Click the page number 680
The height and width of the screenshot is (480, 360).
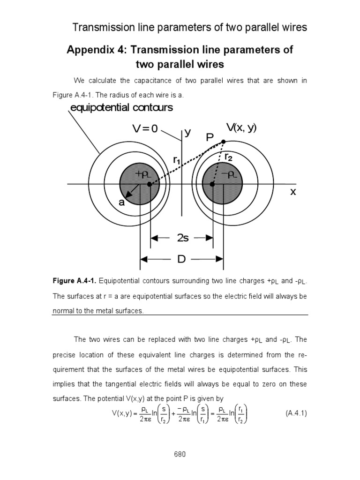[180, 454]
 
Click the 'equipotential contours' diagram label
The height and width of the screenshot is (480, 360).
[121, 108]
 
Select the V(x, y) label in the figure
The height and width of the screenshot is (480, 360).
[241, 127]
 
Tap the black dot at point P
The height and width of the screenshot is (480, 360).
[223, 142]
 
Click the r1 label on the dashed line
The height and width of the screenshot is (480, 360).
[177, 160]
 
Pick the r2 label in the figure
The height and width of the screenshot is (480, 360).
[229, 157]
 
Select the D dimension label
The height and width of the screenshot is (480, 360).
[181, 259]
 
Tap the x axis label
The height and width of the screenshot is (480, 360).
[293, 192]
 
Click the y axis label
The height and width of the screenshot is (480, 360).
[187, 132]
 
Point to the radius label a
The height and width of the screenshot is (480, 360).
[121, 202]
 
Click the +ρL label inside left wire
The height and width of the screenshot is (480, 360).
[142, 174]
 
